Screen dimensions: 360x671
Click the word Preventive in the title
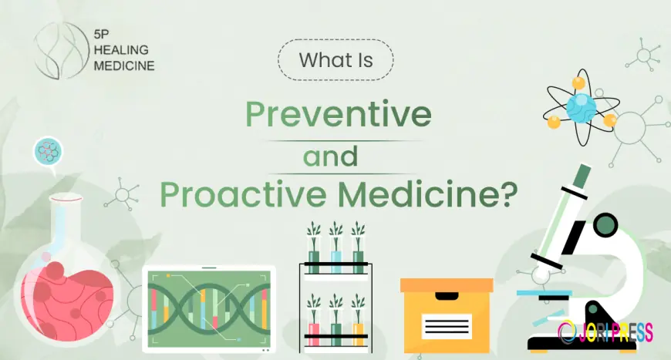coord(338,115)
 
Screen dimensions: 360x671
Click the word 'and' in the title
coord(330,156)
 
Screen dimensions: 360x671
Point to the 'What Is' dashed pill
coord(335,60)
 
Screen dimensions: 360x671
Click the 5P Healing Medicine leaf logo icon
coord(59,50)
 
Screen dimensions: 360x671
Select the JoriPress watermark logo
coord(605,333)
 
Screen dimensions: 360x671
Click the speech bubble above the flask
coord(48,152)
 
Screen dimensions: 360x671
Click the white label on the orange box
coord(447,326)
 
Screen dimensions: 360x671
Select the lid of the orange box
coord(447,285)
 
